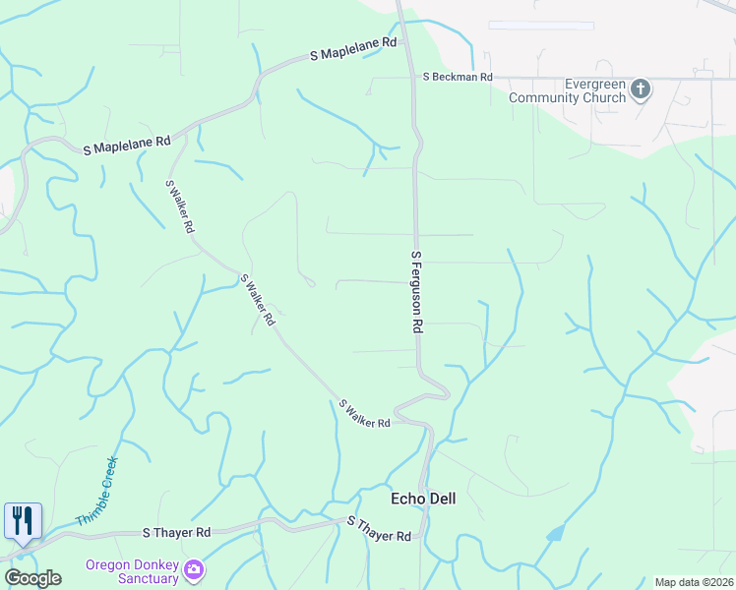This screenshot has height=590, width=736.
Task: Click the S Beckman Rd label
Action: [457, 76]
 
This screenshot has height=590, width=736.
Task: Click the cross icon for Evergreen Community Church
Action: [641, 90]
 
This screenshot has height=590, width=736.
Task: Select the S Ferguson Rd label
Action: [416, 291]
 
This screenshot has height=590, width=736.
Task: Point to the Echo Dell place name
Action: [424, 499]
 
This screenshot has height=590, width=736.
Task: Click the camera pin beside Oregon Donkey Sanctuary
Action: [194, 569]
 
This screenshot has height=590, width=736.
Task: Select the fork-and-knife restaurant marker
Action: [23, 521]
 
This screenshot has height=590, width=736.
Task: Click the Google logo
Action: [32, 578]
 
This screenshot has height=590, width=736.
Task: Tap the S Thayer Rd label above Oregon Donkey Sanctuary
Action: [177, 532]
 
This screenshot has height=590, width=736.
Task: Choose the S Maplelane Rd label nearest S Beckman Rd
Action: [352, 49]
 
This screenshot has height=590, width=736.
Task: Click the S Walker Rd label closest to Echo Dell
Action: [364, 413]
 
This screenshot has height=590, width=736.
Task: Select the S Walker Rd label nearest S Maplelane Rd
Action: [180, 206]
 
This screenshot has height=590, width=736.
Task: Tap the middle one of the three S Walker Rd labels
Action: [258, 300]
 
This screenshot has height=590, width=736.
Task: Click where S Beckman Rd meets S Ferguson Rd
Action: [412, 76]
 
